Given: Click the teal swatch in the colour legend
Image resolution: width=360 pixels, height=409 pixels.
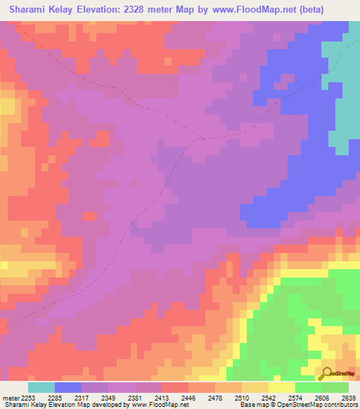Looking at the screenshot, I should [x=41, y=387].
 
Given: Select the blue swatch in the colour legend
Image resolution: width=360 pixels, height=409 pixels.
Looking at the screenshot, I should [x=68, y=387].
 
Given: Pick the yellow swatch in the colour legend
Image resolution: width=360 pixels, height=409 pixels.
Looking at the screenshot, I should [x=282, y=387].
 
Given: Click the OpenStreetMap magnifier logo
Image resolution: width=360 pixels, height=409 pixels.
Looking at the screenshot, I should [x=327, y=373].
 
